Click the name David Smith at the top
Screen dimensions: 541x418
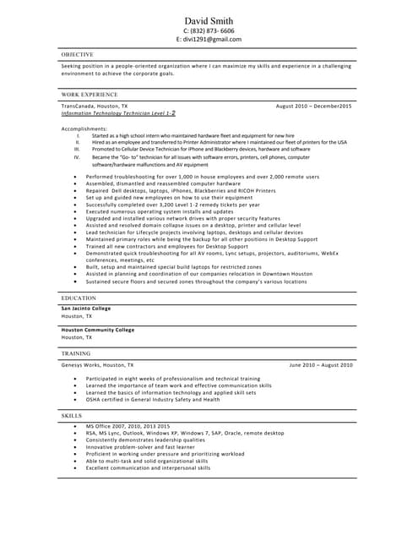[x=209, y=19]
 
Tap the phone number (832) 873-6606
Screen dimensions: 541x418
[x=209, y=30]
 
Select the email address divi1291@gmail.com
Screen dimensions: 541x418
[x=209, y=40]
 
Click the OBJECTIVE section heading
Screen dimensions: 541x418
[x=78, y=54]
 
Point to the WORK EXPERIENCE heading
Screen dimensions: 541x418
[x=90, y=95]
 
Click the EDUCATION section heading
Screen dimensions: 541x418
[x=79, y=298]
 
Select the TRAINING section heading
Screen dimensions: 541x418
[x=76, y=353]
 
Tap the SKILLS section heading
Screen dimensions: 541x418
[x=72, y=417]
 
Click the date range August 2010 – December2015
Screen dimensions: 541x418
[x=314, y=106]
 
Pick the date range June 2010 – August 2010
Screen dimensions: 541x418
[x=321, y=364]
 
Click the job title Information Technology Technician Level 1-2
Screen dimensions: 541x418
[x=118, y=112]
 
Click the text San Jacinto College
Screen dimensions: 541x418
[x=86, y=309]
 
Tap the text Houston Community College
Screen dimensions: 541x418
[x=97, y=330]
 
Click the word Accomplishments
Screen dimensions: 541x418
[x=84, y=128]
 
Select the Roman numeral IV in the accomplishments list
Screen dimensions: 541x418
[x=76, y=157]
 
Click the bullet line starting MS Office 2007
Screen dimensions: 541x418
[x=128, y=426]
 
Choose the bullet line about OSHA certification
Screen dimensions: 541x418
[x=152, y=398]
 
